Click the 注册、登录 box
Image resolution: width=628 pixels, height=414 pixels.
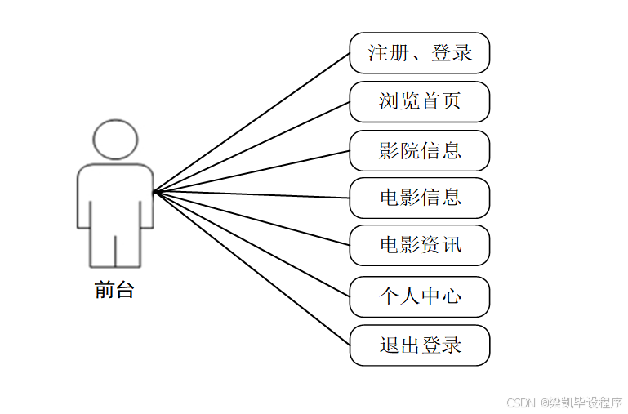pos(419,53)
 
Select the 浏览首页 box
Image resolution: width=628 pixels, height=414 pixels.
pos(419,101)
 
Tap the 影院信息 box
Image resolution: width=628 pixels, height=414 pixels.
pos(419,150)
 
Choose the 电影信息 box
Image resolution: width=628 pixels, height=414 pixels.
pos(419,198)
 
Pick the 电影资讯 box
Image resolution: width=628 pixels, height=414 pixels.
pos(419,246)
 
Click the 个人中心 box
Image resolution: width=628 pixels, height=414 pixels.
pos(419,296)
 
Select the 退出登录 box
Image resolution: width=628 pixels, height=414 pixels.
pos(419,345)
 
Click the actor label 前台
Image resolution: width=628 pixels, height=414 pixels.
pos(114,290)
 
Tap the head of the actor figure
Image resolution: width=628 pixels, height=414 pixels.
pos(114,140)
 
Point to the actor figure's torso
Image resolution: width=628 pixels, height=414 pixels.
pos(114,196)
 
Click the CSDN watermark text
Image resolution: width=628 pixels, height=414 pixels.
pos(564,403)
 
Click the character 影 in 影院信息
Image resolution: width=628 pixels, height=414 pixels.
pos(389,150)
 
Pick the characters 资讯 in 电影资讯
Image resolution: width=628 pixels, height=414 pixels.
pos(442,246)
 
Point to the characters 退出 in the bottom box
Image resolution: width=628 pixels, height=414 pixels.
pos(399,345)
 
